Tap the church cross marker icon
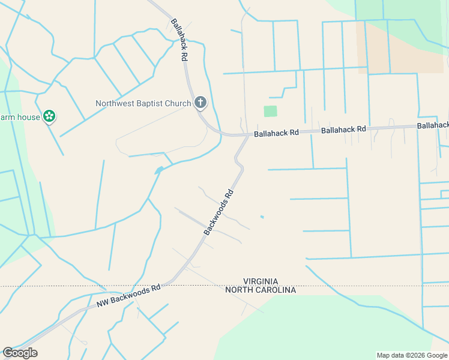click(x=200, y=103)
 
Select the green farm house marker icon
click(x=50, y=116)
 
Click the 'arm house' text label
click(x=20, y=117)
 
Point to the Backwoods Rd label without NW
click(x=218, y=212)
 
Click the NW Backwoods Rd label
click(x=128, y=296)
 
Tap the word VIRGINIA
click(x=261, y=281)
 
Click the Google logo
click(x=20, y=353)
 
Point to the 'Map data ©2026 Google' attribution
click(x=411, y=355)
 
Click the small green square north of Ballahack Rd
click(x=271, y=111)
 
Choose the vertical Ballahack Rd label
click(x=177, y=40)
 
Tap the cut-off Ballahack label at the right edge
click(x=433, y=125)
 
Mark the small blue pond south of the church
click(x=158, y=171)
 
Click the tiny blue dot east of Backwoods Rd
click(x=262, y=217)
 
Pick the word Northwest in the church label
click(x=115, y=103)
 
